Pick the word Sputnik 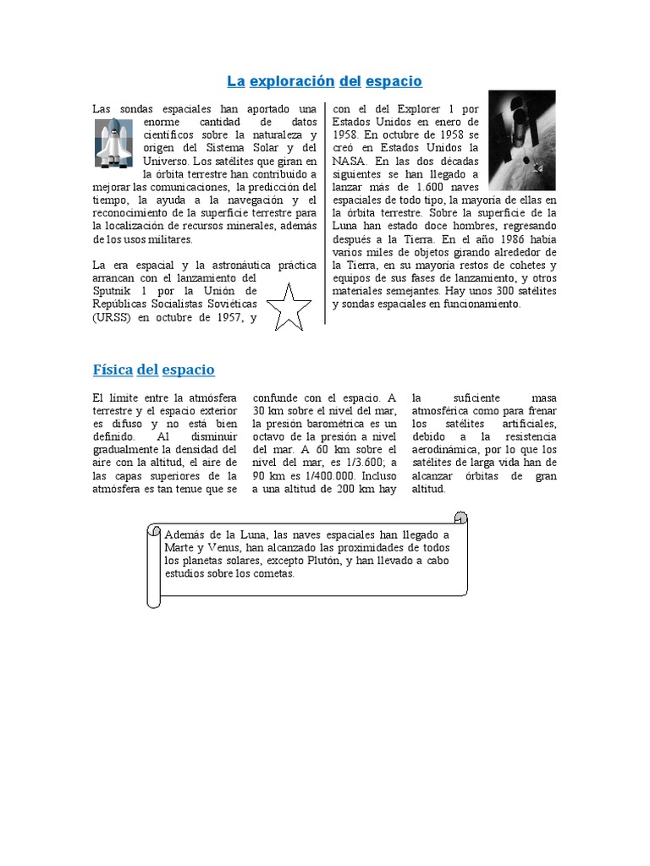(x=115, y=290)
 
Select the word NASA (x=350, y=160)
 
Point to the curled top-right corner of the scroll (x=460, y=518)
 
